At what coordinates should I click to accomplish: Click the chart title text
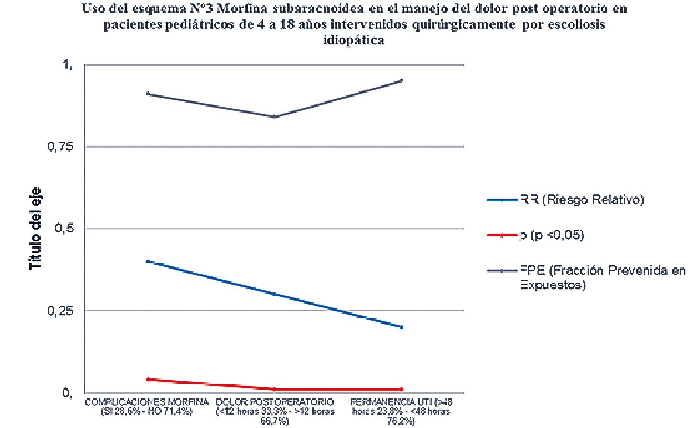click(354, 24)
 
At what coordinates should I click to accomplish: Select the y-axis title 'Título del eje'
click(36, 229)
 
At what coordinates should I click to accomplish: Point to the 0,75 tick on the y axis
click(60, 147)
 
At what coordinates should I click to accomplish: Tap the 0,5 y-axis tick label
click(64, 229)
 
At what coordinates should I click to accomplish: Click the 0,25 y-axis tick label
click(60, 311)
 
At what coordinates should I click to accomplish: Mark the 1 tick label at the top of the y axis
click(67, 65)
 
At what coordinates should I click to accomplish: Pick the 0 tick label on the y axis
click(67, 393)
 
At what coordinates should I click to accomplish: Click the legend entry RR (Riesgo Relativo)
click(582, 199)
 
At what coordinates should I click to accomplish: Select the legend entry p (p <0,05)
click(552, 235)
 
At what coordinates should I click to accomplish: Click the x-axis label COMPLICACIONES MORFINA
click(147, 406)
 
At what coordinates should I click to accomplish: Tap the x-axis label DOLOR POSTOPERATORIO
click(275, 410)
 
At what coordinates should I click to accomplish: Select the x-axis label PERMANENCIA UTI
click(401, 410)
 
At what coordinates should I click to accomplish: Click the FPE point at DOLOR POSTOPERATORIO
click(275, 117)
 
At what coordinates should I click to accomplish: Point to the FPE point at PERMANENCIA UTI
click(402, 80)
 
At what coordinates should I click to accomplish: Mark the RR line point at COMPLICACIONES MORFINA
click(148, 262)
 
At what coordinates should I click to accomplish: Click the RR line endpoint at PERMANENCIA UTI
click(402, 327)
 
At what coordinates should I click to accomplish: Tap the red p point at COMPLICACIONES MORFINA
click(148, 379)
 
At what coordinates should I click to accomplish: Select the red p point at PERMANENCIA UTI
click(402, 389)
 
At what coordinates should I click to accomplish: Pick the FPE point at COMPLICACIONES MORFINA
click(148, 94)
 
